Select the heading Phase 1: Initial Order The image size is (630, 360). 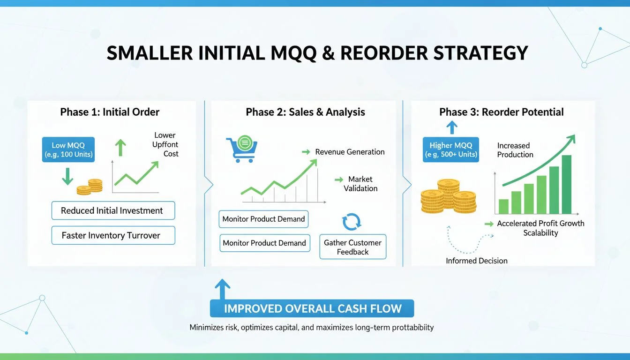[110, 112]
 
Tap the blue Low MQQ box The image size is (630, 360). [68, 150]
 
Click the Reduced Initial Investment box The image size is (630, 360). [112, 210]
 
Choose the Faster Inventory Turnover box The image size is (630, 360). [112, 235]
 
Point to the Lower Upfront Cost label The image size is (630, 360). [165, 144]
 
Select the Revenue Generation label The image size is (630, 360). [350, 152]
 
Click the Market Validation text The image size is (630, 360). [360, 184]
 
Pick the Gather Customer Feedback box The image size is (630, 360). [352, 247]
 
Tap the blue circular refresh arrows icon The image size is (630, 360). [352, 222]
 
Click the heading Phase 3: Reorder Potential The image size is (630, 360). [502, 112]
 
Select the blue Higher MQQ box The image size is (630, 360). [450, 150]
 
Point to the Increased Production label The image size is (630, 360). [515, 150]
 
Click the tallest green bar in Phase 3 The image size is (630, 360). [566, 184]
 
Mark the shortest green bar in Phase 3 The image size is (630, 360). [503, 206]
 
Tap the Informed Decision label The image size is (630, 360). [477, 261]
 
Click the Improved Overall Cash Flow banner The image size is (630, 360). [313, 308]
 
